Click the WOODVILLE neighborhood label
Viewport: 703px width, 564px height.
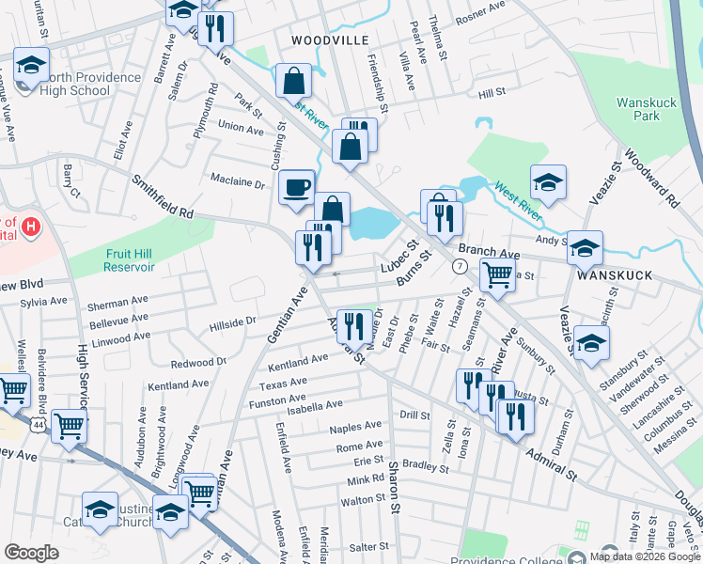(330, 40)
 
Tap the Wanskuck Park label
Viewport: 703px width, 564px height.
(640, 109)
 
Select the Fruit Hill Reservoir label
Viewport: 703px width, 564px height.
(117, 259)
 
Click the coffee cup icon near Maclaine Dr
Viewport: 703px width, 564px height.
(297, 187)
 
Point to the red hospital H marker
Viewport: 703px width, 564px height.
(31, 227)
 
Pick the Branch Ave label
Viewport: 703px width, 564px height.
(489, 253)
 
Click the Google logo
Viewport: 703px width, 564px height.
(32, 552)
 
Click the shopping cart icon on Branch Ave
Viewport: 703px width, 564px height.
(496, 274)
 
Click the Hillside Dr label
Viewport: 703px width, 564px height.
(231, 321)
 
